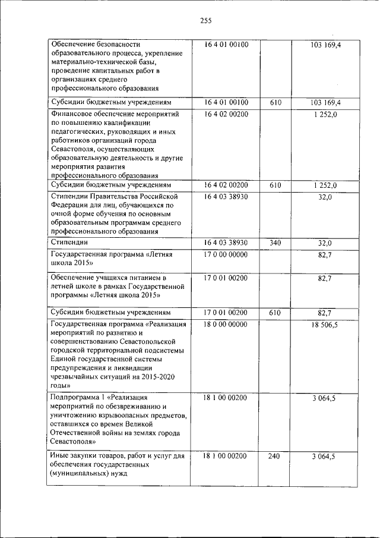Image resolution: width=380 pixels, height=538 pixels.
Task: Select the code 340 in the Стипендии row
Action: [275, 243]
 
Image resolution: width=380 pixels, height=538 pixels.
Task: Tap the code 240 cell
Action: [275, 456]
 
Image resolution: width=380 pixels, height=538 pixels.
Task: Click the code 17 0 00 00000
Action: [226, 254]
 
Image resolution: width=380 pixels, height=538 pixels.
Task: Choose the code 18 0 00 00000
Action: [226, 325]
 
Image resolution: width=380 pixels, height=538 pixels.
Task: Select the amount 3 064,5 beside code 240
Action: [324, 456]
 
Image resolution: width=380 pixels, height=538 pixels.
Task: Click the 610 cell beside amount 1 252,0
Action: [275, 185]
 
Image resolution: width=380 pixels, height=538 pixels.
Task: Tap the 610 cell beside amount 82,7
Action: [275, 312]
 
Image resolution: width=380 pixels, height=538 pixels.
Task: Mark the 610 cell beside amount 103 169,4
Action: [275, 103]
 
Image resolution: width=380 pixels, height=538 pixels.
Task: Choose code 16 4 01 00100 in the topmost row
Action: [226, 45]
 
